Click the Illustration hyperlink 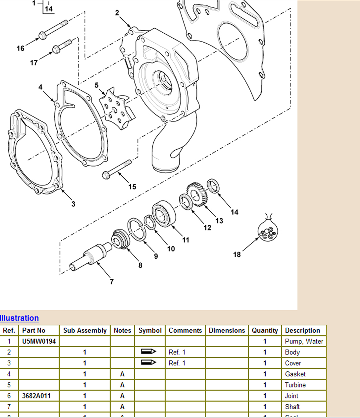(19, 318)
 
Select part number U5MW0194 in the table (39, 341)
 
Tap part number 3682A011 (36, 396)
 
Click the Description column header (302, 331)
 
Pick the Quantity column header (265, 331)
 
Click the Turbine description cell (295, 385)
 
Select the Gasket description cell (295, 374)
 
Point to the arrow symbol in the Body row (148, 352)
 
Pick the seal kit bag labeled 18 (268, 230)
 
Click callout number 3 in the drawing (73, 204)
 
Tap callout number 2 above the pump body (117, 13)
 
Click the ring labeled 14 (213, 186)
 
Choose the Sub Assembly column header (85, 331)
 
